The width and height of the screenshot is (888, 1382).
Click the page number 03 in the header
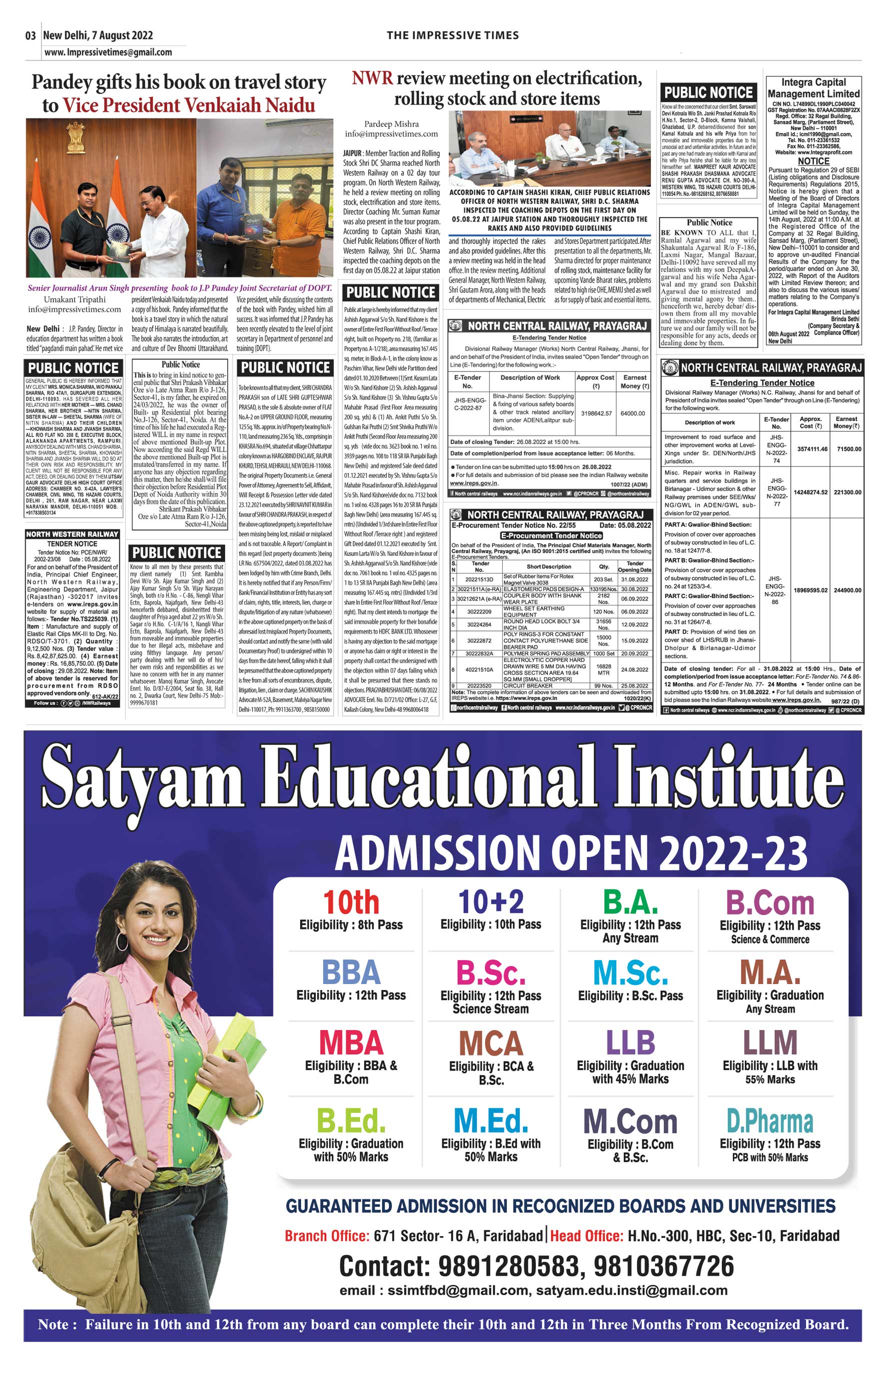[31, 35]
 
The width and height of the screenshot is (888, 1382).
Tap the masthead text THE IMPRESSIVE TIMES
[453, 35]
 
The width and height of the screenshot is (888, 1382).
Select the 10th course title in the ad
[351, 902]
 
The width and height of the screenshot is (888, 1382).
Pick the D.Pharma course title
[770, 1121]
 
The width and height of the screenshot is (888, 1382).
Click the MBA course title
[351, 1042]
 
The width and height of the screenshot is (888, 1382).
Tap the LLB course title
[630, 1042]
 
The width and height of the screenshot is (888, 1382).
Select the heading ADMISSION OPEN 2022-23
[571, 853]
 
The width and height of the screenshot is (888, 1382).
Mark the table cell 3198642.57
[596, 413]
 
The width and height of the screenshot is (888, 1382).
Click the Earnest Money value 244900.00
[847, 590]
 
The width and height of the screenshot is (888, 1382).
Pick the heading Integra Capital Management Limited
[813, 88]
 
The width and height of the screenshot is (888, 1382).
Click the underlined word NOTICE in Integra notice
[813, 161]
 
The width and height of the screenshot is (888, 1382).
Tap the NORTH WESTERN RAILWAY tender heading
[72, 534]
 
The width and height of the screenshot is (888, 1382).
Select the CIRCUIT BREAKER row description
[528, 686]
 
